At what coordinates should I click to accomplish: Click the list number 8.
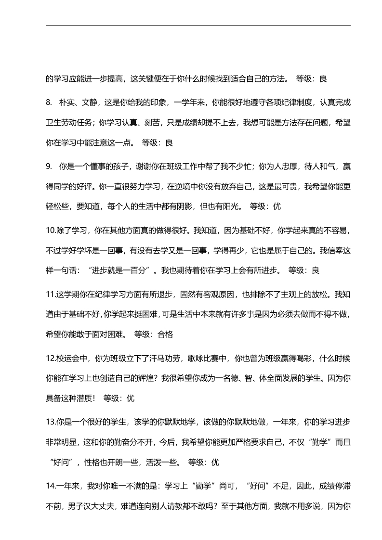coord(49,102)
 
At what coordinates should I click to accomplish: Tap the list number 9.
coord(49,166)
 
